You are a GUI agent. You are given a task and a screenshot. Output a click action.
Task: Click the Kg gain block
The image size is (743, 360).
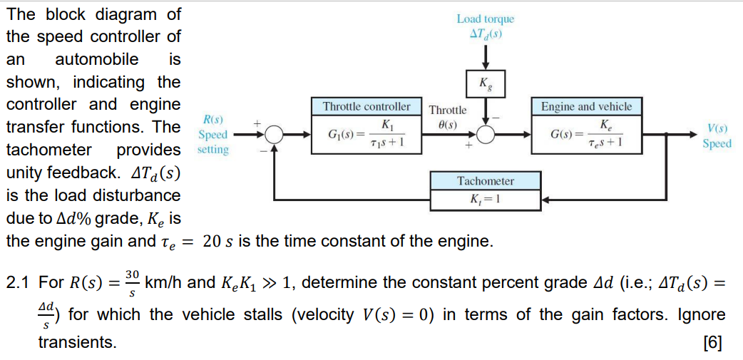[x=486, y=83]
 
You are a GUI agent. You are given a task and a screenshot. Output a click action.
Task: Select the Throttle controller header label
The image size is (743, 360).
[x=367, y=107]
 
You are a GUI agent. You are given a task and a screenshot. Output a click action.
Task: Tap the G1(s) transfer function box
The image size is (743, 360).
[x=367, y=133]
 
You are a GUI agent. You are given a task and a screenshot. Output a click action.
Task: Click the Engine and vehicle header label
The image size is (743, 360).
[x=586, y=107]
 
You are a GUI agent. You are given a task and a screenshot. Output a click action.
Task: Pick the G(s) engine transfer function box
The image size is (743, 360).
[x=586, y=133]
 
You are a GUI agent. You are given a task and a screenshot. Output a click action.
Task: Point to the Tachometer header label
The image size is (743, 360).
[x=486, y=181]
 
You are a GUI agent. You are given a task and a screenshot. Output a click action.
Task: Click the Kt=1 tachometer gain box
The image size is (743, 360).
[x=486, y=199]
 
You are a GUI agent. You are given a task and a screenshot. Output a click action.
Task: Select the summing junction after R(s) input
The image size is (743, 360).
[x=273, y=134]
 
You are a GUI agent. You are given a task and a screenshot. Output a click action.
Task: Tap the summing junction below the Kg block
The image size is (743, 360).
[x=486, y=134]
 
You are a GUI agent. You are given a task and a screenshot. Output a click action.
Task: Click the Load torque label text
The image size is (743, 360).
[x=486, y=19]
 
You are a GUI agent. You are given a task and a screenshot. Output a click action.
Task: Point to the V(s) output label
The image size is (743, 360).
[x=717, y=130]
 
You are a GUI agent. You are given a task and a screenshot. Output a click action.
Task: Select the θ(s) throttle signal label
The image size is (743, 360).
[x=448, y=123]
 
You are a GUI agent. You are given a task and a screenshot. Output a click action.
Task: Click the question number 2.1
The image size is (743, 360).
[x=19, y=282]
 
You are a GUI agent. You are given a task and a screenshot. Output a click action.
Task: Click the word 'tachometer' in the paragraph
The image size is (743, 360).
[x=48, y=150]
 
